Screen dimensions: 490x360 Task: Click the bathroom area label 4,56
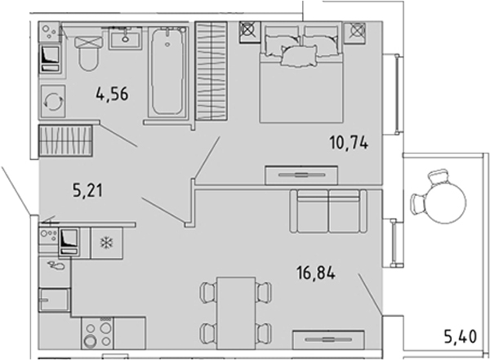pyautogui.click(x=112, y=94)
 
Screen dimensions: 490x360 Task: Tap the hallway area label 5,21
pyautogui.click(x=87, y=190)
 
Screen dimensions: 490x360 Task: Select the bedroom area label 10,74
pyautogui.click(x=349, y=143)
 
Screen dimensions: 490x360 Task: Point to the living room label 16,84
pyautogui.click(x=316, y=273)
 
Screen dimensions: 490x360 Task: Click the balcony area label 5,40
pyautogui.click(x=461, y=337)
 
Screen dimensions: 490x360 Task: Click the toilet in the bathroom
pyautogui.click(x=89, y=53)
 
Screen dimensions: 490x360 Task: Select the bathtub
pyautogui.click(x=167, y=72)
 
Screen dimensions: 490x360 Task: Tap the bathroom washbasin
pyautogui.click(x=125, y=38)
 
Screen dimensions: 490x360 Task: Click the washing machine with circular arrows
pyautogui.click(x=53, y=101)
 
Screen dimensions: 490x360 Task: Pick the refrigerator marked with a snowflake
pyautogui.click(x=106, y=242)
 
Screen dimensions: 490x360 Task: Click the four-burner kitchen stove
pyautogui.click(x=97, y=333)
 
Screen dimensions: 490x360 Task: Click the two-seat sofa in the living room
pyautogui.click(x=328, y=211)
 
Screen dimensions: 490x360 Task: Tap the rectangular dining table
pyautogui.click(x=236, y=313)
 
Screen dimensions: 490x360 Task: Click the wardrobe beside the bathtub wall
pyautogui.click(x=212, y=71)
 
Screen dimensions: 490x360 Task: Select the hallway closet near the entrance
pyautogui.click(x=65, y=140)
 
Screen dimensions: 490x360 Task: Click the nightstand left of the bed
pyautogui.click(x=250, y=32)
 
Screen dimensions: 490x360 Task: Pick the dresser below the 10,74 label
pyautogui.click(x=301, y=175)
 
